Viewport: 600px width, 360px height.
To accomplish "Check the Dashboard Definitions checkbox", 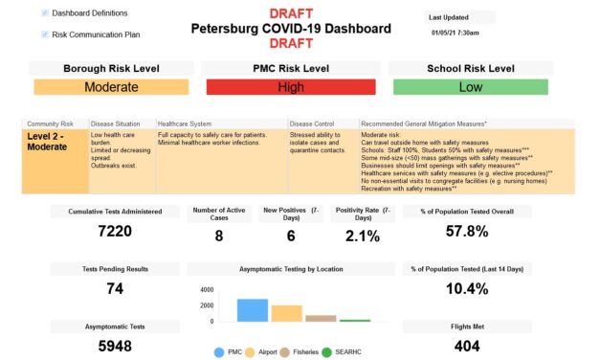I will coord(45,13).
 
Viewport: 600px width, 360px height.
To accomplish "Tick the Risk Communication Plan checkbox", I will coord(45,34).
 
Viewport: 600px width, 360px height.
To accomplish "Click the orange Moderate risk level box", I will coord(111,87).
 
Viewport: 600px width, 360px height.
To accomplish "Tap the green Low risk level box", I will coord(468,87).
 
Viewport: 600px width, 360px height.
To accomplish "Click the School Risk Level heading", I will coord(468,69).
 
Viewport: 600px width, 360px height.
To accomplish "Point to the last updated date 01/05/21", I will coord(454,33).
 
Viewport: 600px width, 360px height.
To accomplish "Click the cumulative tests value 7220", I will coord(115,231).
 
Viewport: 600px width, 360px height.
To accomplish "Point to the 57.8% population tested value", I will coord(468,231).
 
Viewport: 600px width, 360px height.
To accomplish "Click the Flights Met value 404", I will coord(467,346).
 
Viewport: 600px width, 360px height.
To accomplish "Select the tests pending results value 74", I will coord(115,288).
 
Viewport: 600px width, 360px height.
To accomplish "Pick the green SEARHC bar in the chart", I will coord(355,321).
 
